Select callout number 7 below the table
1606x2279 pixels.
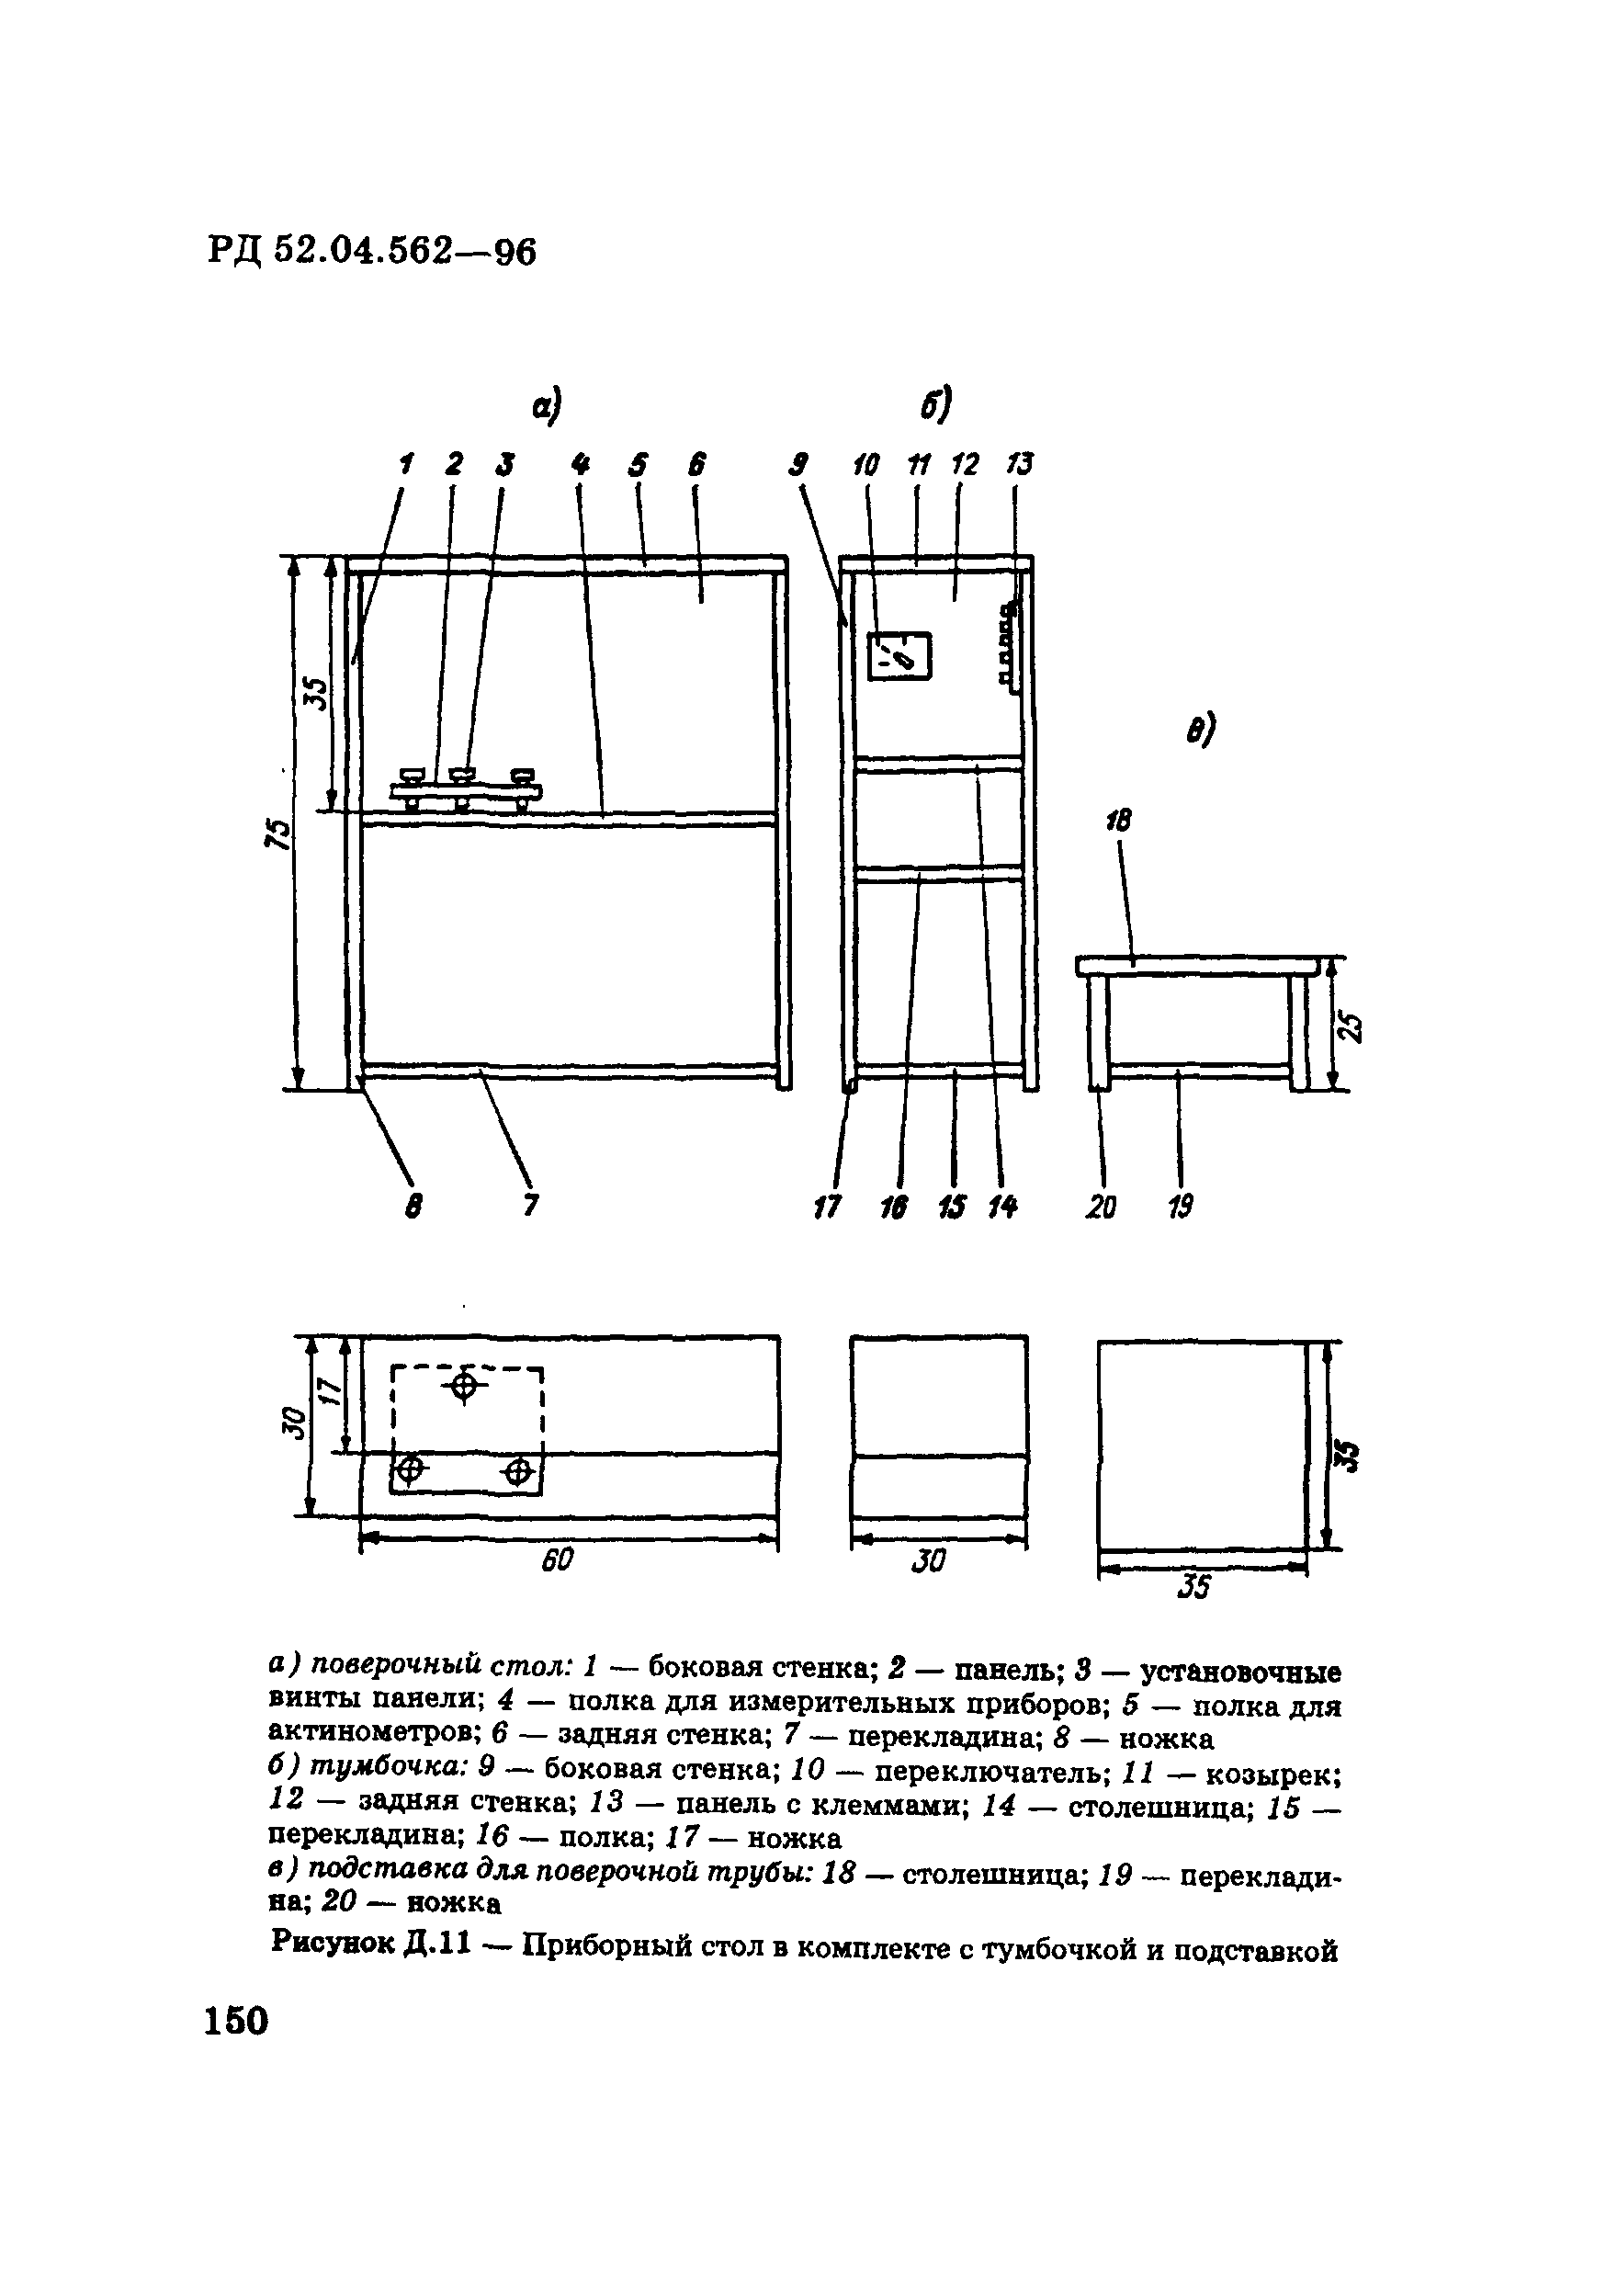(x=531, y=1206)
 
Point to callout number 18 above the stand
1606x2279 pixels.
(x=1119, y=821)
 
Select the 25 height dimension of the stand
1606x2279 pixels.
(x=1351, y=1027)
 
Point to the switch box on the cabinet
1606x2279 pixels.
(x=899, y=655)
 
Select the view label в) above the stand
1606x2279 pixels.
(x=1201, y=731)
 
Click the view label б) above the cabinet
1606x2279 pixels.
(x=935, y=404)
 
